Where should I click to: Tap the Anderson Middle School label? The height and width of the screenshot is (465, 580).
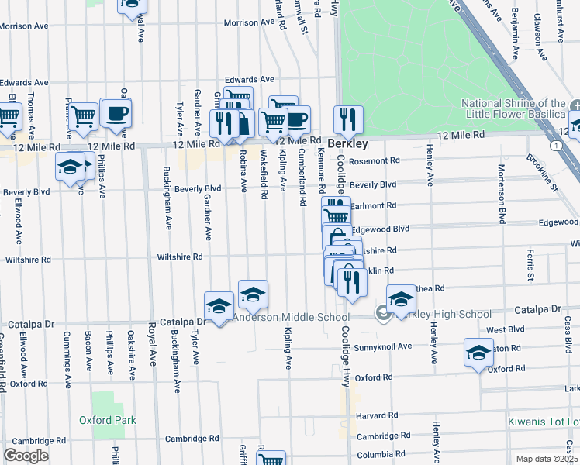pos(291,317)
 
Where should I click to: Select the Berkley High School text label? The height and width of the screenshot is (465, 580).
pos(443,314)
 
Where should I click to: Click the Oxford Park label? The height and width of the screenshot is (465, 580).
pos(108,420)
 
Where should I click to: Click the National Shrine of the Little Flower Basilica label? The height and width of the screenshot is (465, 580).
pos(513,109)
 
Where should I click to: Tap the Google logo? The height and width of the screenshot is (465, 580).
pos(26,455)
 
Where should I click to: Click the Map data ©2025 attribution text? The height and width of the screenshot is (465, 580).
pos(547,459)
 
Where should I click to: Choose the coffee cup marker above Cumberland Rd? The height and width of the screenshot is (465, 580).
pos(296,119)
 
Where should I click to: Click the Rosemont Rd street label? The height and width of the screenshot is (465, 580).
pos(374,161)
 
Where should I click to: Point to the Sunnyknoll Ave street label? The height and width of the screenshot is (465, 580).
pos(383,346)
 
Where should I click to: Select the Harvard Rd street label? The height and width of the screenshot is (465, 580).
pos(377,416)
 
